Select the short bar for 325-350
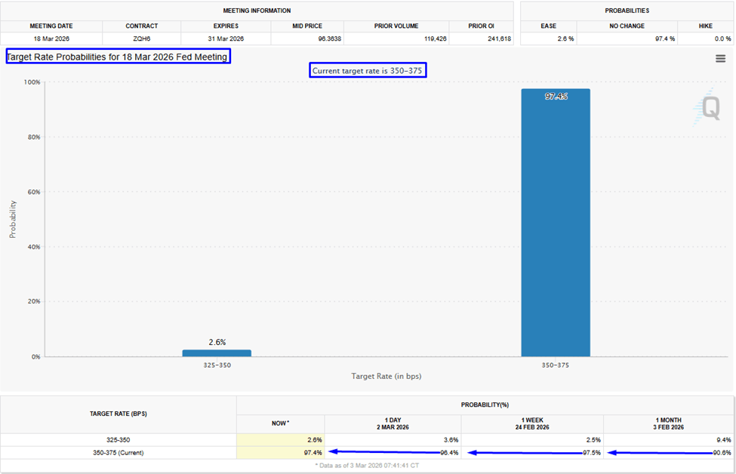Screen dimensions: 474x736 point(217,352)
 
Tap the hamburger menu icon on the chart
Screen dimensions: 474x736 point(720,59)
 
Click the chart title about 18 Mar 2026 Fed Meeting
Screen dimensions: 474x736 point(117,57)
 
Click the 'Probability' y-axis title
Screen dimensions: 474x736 point(13,219)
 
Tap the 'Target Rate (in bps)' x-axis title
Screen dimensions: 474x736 point(386,375)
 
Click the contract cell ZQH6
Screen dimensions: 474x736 point(142,38)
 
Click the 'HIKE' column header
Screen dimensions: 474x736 point(705,26)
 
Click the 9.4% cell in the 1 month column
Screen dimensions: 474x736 point(723,439)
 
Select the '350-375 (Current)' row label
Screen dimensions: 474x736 point(118,453)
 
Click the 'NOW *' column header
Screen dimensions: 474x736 point(280,423)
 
